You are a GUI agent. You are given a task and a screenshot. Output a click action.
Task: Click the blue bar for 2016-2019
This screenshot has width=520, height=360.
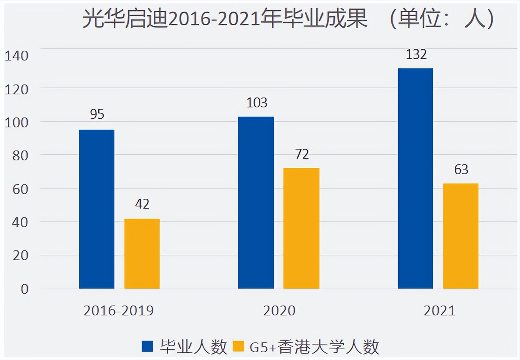[97, 209]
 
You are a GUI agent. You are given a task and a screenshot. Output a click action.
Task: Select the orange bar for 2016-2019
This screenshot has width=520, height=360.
[142, 254]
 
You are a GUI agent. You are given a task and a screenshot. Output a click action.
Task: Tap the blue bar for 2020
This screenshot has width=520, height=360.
[256, 203]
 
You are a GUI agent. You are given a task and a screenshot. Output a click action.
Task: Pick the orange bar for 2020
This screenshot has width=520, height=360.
[301, 228]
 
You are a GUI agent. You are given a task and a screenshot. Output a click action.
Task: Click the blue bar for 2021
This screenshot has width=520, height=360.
[416, 178]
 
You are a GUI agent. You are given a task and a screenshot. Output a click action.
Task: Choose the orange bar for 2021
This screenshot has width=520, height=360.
[461, 236]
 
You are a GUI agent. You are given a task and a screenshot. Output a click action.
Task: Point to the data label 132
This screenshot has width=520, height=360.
[416, 54]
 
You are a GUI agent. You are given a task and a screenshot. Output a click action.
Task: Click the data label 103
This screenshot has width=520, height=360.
[257, 103]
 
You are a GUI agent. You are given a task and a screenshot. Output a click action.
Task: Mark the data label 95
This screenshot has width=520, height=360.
[97, 114]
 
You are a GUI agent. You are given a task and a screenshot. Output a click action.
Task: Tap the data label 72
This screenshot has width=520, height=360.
[302, 154]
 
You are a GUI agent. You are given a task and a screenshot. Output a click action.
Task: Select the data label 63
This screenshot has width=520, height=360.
[461, 170]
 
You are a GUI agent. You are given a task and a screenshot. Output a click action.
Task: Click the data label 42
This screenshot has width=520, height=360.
[142, 204]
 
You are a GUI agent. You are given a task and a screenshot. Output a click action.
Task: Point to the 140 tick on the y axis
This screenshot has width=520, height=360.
[17, 56]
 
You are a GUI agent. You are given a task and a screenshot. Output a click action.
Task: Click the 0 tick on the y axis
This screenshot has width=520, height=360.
[25, 289]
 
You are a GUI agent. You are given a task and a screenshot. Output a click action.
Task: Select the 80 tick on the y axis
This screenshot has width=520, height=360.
[20, 156]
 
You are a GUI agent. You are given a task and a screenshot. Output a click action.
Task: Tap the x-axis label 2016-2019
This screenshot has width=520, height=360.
[118, 310]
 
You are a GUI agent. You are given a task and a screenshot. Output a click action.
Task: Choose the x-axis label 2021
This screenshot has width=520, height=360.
[439, 310]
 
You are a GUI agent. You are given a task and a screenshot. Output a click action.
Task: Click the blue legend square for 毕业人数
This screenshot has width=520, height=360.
[147, 347]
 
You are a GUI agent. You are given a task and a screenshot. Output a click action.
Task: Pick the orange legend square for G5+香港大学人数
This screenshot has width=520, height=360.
[238, 347]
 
